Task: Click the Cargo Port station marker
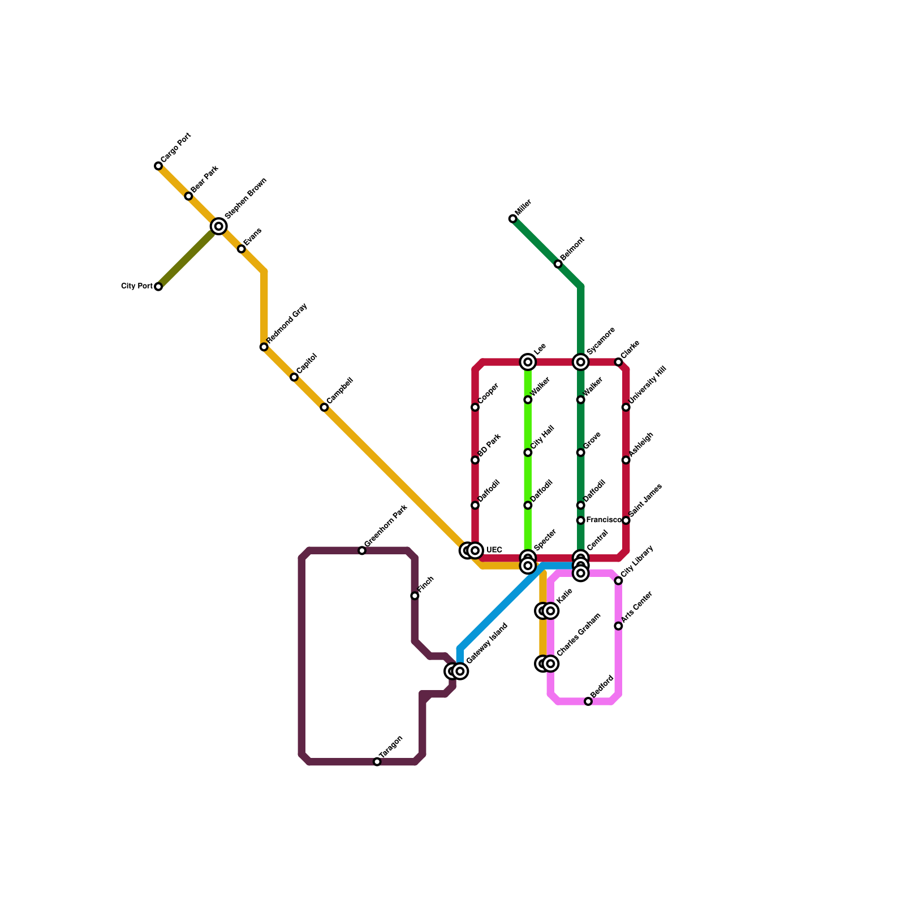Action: [x=158, y=166]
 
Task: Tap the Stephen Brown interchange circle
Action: [x=219, y=226]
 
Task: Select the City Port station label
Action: [x=137, y=286]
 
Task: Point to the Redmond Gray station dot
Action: [x=264, y=347]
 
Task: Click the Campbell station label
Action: [x=340, y=390]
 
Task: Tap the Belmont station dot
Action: [x=558, y=264]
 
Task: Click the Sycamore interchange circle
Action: [x=581, y=362]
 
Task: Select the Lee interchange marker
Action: [x=528, y=362]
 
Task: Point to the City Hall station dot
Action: [x=528, y=453]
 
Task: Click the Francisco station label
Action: [x=604, y=520]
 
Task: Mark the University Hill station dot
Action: [x=626, y=407]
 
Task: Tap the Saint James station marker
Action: [x=626, y=520]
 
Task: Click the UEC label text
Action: [x=494, y=550]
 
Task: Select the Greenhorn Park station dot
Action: [x=362, y=550]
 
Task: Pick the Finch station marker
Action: [x=415, y=596]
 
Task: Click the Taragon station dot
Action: [x=377, y=762]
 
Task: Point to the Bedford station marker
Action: [x=588, y=701]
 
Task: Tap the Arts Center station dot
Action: [x=618, y=626]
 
